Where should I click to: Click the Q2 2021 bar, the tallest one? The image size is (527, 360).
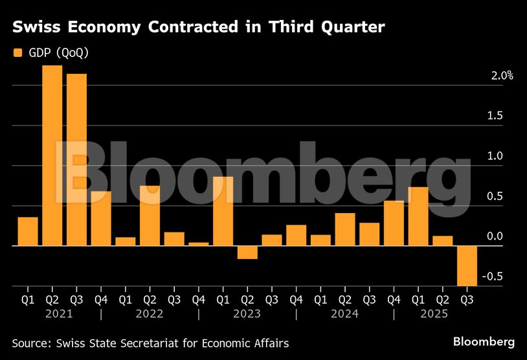[x=52, y=155]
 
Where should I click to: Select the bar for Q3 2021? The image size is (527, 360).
[x=76, y=160]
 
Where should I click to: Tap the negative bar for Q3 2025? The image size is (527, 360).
[x=467, y=265]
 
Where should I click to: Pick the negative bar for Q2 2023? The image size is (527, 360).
[x=247, y=253]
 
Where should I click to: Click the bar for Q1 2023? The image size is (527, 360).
[x=223, y=211]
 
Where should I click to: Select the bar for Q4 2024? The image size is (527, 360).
[x=394, y=223]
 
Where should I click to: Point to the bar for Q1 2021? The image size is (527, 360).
[x=28, y=231]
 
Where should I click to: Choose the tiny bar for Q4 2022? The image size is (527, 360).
[x=199, y=244]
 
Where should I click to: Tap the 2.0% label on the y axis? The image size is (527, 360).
[x=502, y=76]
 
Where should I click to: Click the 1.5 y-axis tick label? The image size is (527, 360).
[x=495, y=116]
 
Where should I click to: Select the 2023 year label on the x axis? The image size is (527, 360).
[x=247, y=313]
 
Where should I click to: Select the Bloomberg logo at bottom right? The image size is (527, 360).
[x=484, y=341]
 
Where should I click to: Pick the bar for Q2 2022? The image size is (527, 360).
[x=150, y=216]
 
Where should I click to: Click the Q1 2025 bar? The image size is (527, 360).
[x=418, y=216]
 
